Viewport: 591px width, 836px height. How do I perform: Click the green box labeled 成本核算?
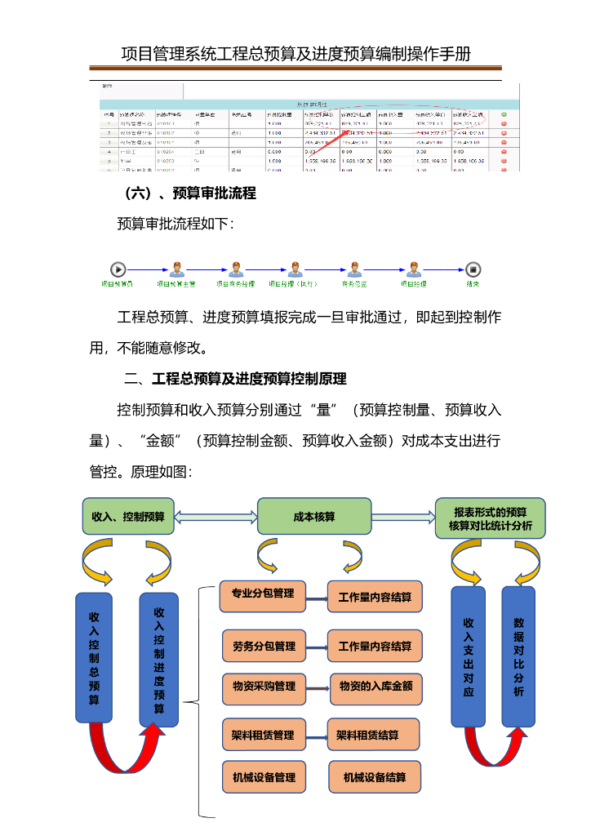tap(314, 517)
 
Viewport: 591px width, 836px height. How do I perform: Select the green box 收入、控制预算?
tap(128, 517)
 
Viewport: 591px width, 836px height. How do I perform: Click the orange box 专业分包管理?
tap(262, 594)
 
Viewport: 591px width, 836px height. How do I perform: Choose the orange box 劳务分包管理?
tap(264, 646)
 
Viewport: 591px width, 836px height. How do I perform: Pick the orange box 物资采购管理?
tap(264, 687)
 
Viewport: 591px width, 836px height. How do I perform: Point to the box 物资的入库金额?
tap(375, 687)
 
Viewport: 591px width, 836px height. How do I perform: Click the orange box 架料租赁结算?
tap(373, 735)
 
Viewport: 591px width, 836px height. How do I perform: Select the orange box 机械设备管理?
tap(264, 777)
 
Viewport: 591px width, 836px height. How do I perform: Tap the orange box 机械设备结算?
tap(375, 777)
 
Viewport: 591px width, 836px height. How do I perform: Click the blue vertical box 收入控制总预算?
tap(95, 657)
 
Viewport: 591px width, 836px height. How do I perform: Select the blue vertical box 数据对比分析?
tap(518, 656)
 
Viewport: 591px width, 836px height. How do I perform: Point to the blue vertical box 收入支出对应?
tap(469, 656)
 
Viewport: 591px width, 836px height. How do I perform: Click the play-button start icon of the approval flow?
tap(118, 269)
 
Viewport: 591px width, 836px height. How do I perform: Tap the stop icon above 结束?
tap(473, 269)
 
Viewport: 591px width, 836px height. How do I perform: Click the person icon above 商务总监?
tap(354, 269)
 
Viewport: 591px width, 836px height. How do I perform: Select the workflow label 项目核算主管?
tap(176, 284)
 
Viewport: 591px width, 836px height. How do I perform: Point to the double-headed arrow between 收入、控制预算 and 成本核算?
tap(216, 517)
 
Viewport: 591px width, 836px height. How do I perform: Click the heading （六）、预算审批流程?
tap(190, 193)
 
